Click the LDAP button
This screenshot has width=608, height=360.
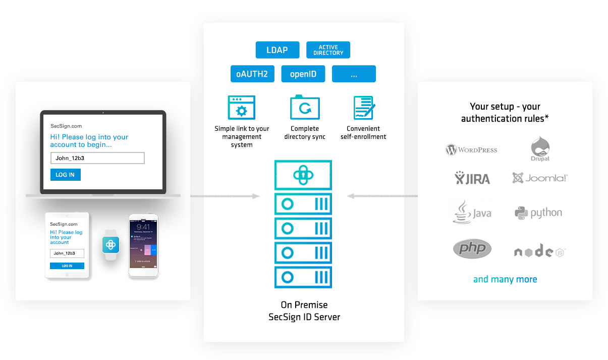pyautogui.click(x=278, y=50)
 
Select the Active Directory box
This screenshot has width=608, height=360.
pyautogui.click(x=328, y=50)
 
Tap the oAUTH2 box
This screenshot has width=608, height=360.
pyautogui.click(x=252, y=74)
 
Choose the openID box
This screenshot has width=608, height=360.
pyautogui.click(x=303, y=74)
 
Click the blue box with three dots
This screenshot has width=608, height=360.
pyautogui.click(x=354, y=74)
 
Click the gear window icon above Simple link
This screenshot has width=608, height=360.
pyautogui.click(x=242, y=108)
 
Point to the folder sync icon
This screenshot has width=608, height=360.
pyautogui.click(x=305, y=108)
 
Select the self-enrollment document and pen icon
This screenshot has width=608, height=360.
pyautogui.click(x=363, y=108)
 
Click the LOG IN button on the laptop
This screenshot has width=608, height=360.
pyautogui.click(x=65, y=175)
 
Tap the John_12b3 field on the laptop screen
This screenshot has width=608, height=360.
pyautogui.click(x=97, y=158)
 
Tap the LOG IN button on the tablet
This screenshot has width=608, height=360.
pyautogui.click(x=67, y=266)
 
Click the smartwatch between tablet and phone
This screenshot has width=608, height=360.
pyautogui.click(x=110, y=245)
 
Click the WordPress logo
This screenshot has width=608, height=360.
pyautogui.click(x=471, y=149)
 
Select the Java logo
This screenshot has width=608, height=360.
pyautogui.click(x=472, y=213)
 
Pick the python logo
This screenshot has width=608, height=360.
pyautogui.click(x=538, y=213)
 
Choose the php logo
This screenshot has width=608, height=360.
pyautogui.click(x=472, y=248)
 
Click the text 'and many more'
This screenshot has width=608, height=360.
pyautogui.click(x=505, y=279)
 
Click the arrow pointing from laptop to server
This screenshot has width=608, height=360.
pyautogui.click(x=225, y=196)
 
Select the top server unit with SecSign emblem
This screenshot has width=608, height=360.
pyautogui.click(x=303, y=175)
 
